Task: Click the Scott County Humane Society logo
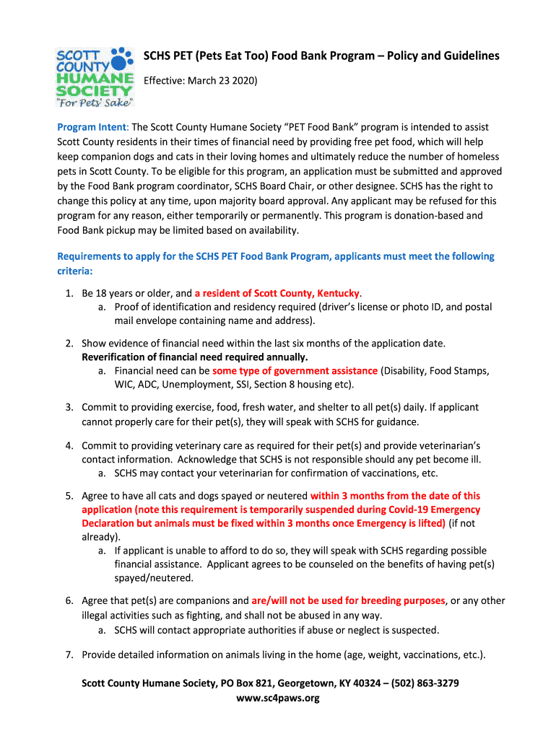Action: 94,76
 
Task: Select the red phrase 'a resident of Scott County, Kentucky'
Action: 277,293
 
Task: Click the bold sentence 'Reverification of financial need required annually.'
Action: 194,357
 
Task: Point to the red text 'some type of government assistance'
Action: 295,370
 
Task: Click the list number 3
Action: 69,407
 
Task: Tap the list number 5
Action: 69,496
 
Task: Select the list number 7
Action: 69,655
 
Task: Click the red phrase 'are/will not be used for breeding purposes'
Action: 348,600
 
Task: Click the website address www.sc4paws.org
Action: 277,698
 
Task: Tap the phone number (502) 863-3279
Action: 425,683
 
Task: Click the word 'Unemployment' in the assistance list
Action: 197,384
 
